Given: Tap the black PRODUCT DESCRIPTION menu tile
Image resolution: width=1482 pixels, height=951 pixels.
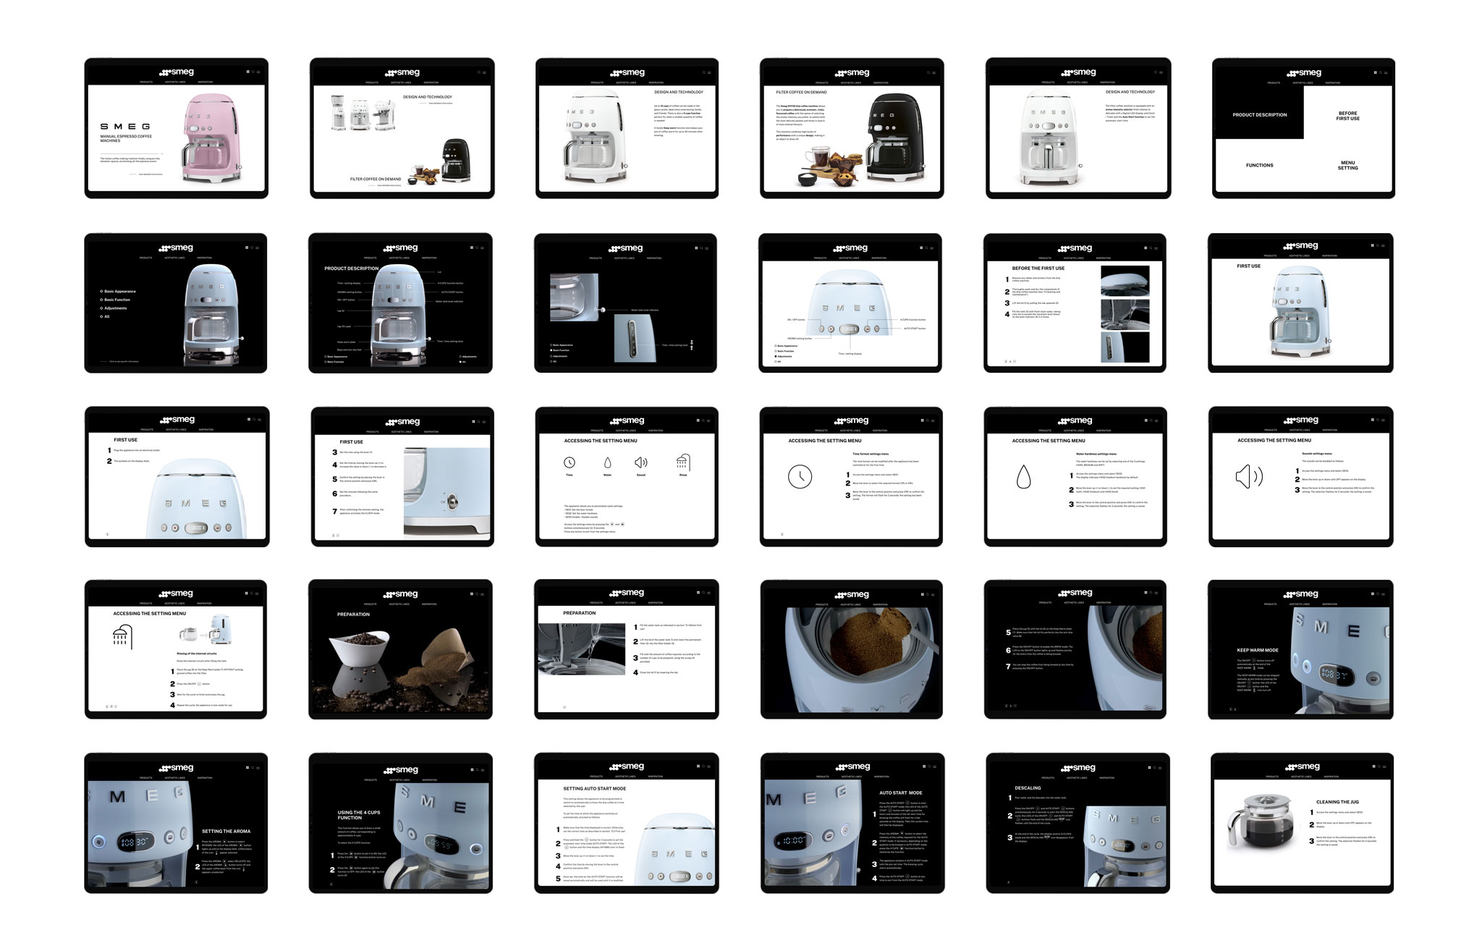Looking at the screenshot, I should [x=1259, y=114].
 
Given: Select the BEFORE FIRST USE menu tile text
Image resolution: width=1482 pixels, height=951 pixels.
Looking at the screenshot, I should [x=1347, y=116].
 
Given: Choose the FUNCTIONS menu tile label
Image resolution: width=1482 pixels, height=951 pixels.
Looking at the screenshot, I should [x=1259, y=165].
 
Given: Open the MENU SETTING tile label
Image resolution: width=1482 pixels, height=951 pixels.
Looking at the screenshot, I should [x=1347, y=165].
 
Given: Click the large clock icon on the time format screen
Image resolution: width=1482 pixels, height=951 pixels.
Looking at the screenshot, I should [x=800, y=476].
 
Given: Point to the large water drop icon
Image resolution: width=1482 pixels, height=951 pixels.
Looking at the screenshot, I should [x=1022, y=476].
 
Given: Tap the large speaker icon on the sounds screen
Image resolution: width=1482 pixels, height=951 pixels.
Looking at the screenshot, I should [x=1248, y=476].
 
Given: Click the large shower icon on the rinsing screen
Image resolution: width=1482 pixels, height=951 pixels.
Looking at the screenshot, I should [x=122, y=637].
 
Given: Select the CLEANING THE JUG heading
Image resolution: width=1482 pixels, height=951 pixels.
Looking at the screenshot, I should [x=1338, y=802].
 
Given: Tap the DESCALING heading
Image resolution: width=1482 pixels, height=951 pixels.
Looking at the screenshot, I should [x=1028, y=788].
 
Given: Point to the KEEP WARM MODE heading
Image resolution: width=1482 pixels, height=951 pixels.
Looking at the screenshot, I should [x=1258, y=650].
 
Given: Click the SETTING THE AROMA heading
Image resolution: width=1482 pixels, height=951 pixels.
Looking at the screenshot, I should [x=226, y=831].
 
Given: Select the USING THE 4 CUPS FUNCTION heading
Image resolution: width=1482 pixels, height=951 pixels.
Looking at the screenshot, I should [x=359, y=815].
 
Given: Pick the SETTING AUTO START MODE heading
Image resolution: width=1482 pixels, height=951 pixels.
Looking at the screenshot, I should [x=594, y=788].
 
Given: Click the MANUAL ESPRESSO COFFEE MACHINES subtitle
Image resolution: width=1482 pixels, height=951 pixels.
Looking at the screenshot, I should [x=126, y=138].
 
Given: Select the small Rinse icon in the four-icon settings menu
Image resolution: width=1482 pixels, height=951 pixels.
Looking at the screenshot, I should [x=683, y=462].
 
